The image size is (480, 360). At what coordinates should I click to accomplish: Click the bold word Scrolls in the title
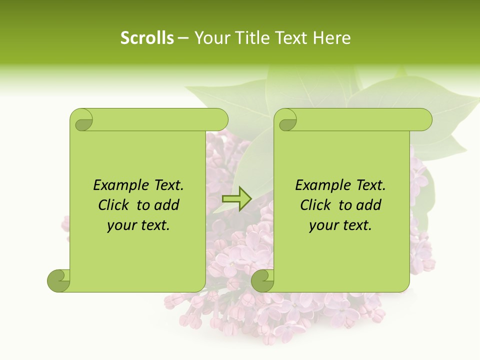pyautogui.click(x=147, y=38)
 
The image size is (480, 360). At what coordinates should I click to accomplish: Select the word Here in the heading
pyautogui.click(x=331, y=38)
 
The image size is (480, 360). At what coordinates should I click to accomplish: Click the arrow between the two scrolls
pyautogui.click(x=236, y=199)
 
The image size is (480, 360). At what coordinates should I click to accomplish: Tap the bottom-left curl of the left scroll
pyautogui.click(x=58, y=280)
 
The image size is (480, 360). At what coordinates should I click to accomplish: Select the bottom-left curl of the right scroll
pyautogui.click(x=262, y=280)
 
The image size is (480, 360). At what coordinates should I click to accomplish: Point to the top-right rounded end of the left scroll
pyautogui.click(x=220, y=120)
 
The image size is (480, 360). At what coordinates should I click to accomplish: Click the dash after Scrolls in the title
pyautogui.click(x=183, y=38)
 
